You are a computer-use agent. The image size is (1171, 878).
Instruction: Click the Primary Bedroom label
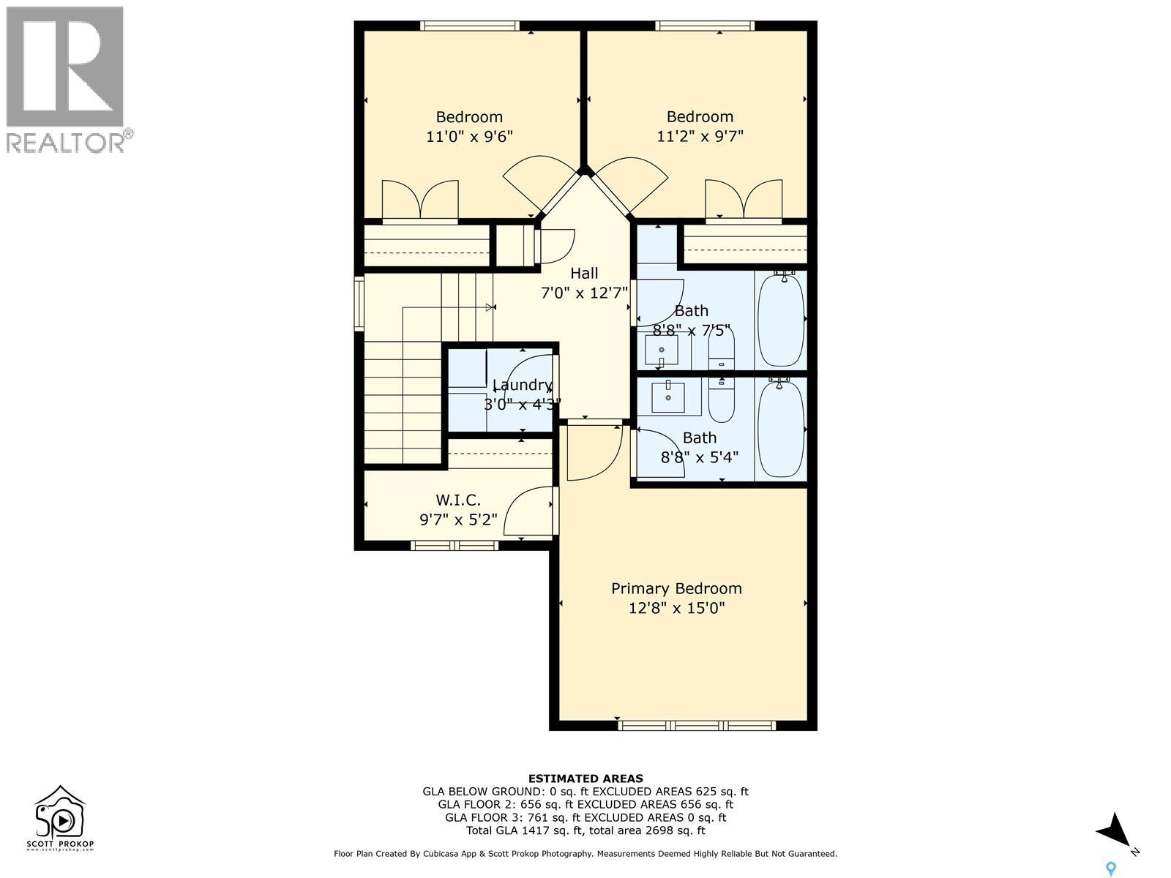[676, 588]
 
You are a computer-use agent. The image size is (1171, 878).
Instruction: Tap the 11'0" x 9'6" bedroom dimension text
[469, 136]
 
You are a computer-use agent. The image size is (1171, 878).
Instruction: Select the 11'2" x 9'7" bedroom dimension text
[700, 136]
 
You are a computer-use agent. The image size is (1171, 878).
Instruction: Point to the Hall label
[584, 274]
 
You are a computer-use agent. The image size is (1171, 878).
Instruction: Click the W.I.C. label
[458, 500]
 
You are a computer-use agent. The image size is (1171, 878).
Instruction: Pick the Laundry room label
[521, 385]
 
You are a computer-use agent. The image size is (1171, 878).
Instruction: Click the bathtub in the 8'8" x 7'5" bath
[780, 319]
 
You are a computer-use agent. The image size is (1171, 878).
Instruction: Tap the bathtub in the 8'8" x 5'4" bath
[780, 429]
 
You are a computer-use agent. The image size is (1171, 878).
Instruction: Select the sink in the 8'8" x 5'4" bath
[667, 397]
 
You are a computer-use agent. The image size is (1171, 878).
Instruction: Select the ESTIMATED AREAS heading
[585, 778]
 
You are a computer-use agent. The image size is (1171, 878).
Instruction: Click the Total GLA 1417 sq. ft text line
[585, 830]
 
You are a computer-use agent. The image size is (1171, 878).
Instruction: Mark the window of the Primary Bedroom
[696, 726]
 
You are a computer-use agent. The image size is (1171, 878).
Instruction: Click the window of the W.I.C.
[454, 545]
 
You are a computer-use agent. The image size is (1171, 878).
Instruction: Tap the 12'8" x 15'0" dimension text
[676, 608]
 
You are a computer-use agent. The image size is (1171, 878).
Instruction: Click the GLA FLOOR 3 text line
[585, 817]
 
